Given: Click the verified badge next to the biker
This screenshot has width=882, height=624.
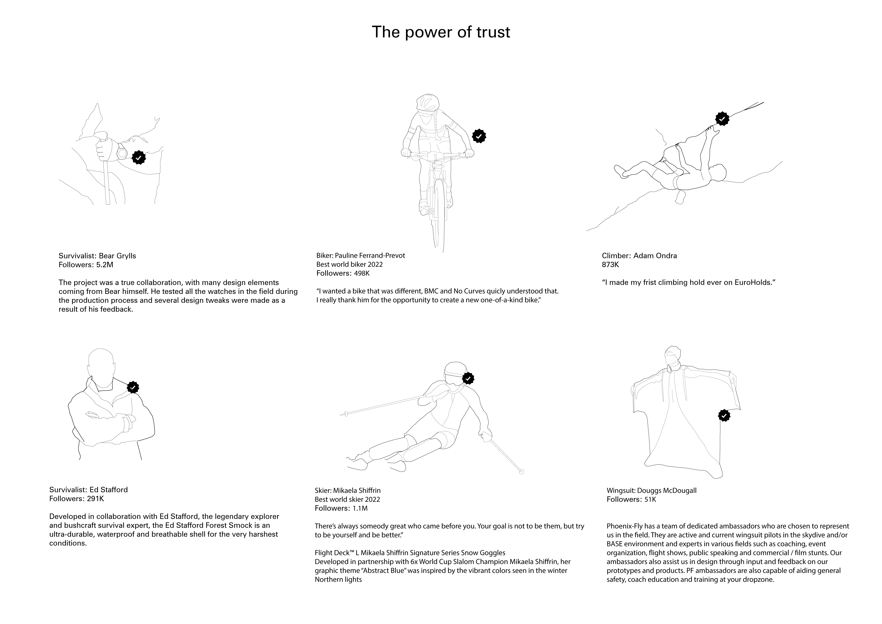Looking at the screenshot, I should click(479, 136).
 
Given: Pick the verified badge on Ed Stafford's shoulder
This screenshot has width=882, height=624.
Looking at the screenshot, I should click(133, 388).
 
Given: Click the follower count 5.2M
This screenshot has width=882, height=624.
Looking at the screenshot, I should click(105, 265).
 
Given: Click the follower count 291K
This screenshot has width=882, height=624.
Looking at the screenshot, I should click(95, 499).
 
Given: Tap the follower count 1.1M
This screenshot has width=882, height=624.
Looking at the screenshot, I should click(360, 508).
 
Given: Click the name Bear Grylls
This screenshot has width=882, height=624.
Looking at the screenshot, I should click(117, 256).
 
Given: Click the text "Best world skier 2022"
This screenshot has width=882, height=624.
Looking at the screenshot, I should click(347, 499).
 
